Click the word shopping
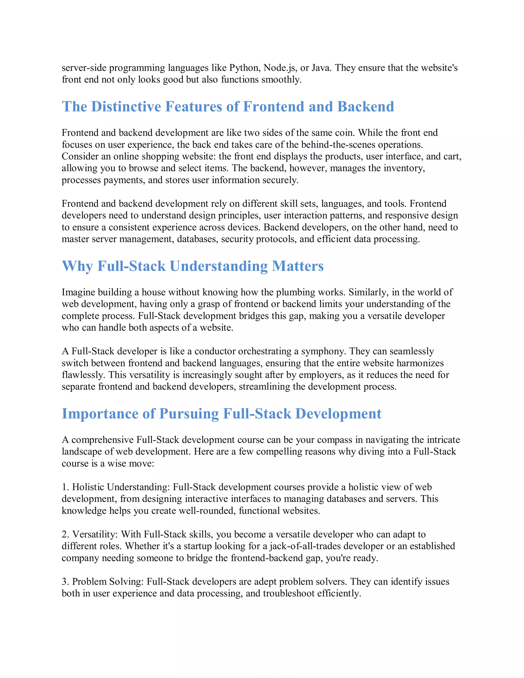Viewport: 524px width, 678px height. click(161, 157)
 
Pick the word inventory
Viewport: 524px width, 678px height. click(404, 168)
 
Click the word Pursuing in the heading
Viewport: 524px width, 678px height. click(189, 414)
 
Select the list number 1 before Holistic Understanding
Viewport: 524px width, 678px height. click(64, 487)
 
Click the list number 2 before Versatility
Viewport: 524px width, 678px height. click(64, 534)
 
